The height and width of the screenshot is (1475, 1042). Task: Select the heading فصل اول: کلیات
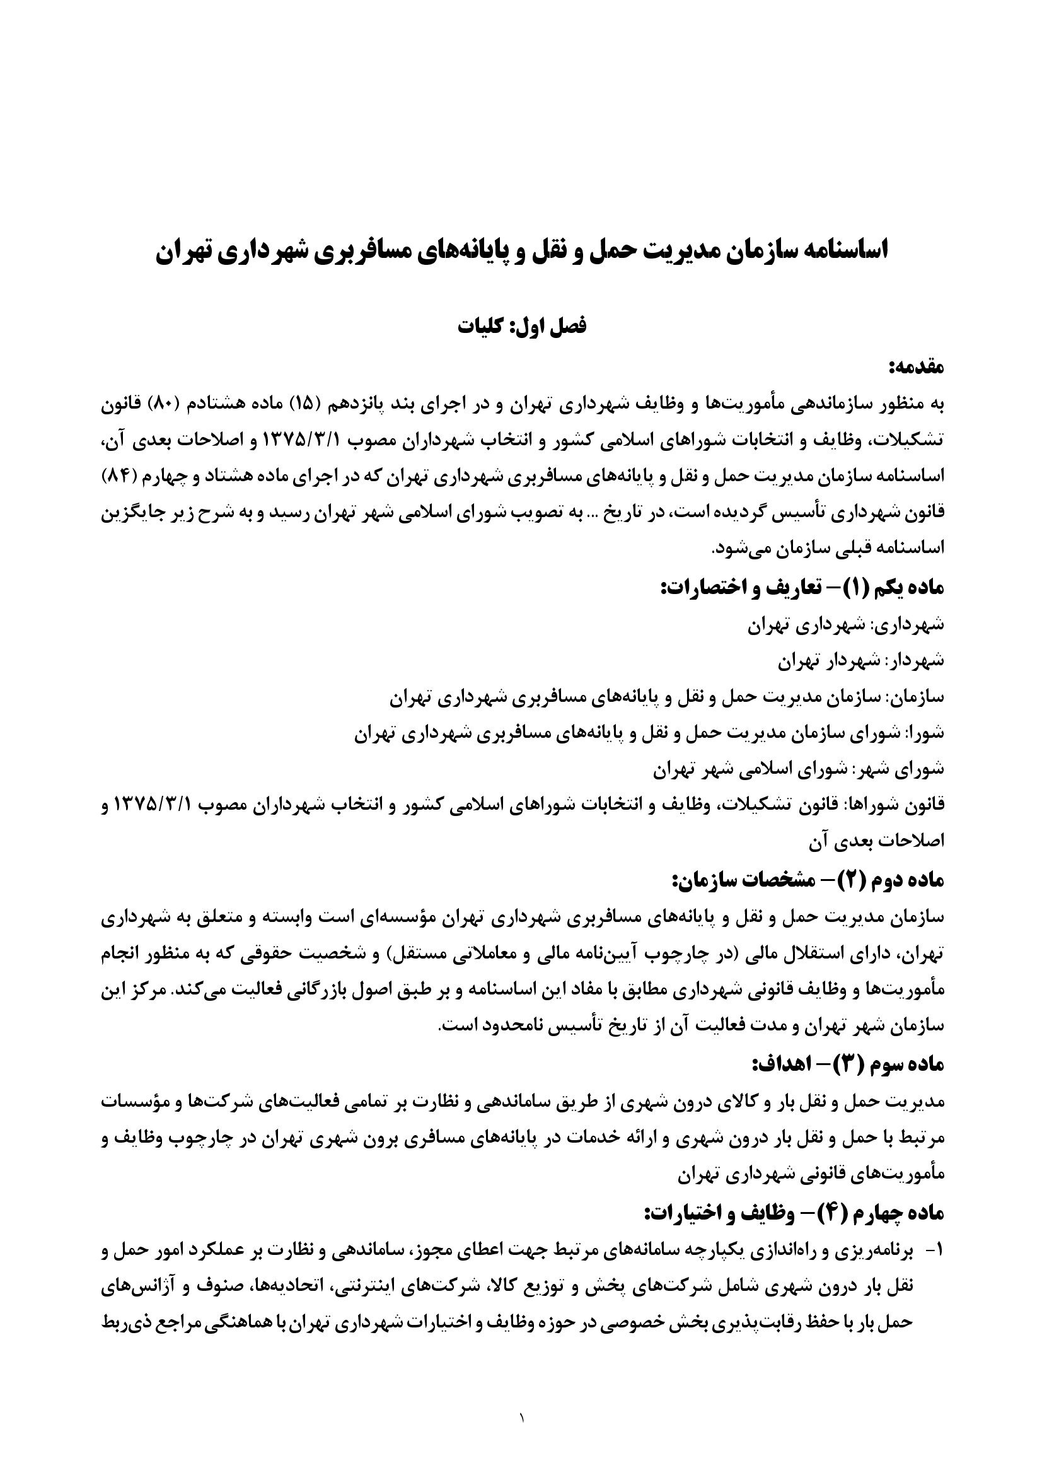(521, 325)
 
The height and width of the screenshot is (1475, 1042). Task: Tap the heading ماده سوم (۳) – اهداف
(847, 1064)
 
